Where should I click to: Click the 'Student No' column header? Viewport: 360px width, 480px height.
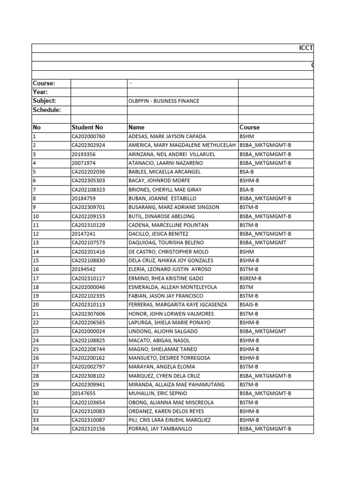87,127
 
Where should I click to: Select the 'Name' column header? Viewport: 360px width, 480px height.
136,127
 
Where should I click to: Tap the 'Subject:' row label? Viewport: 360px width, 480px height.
45,101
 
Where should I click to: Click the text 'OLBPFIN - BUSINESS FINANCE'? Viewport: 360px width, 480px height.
164,101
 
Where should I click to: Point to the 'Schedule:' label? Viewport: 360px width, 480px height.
46,110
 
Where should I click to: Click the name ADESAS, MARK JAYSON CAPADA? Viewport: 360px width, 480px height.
167,136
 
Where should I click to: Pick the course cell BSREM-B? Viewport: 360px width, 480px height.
250,278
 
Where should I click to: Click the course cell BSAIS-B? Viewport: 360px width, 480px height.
249,305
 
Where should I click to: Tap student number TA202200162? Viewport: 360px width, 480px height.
88,358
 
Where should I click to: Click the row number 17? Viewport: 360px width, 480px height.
36,278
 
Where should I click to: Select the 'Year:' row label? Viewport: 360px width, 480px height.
41,92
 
